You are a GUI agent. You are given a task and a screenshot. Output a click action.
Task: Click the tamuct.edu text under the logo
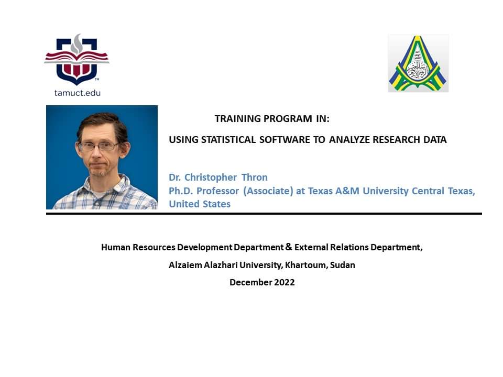(x=78, y=93)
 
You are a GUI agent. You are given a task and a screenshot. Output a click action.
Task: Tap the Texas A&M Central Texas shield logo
(x=76, y=60)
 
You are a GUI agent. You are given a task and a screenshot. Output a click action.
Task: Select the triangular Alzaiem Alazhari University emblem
(x=418, y=63)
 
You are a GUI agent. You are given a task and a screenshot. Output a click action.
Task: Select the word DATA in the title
(x=435, y=140)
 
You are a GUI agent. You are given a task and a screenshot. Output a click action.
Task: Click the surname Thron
(x=255, y=178)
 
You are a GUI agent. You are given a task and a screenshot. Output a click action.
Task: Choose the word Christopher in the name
(x=211, y=178)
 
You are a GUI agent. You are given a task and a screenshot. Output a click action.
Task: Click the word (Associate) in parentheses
(x=268, y=191)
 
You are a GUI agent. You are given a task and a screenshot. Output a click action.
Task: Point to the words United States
(x=200, y=204)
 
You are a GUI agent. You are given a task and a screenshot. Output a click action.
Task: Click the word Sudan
(x=343, y=265)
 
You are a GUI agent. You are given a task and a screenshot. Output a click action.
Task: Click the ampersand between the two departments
(x=289, y=247)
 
